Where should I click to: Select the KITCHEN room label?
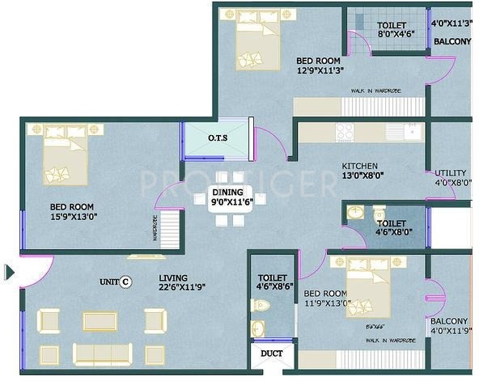coord(359,166)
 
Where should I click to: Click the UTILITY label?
coord(450,173)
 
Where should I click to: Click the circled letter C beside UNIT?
coord(125,282)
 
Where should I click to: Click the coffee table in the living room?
coord(100,320)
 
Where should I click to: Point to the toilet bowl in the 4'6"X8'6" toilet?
coord(260,306)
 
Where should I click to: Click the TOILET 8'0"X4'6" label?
coord(392,30)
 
